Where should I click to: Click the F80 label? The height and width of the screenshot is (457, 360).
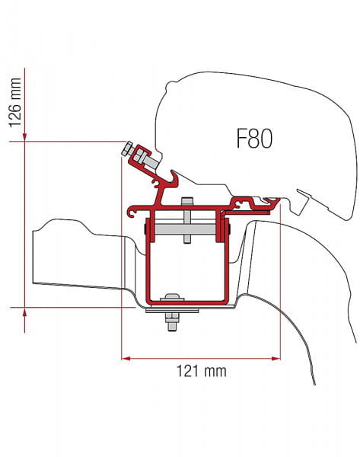[254, 139]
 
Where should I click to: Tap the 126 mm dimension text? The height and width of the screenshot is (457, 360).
[15, 103]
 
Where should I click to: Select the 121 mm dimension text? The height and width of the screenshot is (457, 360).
[201, 372]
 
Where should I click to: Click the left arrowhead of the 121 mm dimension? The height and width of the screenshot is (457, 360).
[126, 358]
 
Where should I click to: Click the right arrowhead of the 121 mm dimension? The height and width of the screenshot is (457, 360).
[276, 358]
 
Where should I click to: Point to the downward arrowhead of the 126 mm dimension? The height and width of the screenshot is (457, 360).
[25, 137]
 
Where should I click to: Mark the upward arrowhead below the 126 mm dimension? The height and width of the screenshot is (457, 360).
[25, 312]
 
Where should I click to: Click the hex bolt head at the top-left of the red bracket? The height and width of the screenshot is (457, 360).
[127, 149]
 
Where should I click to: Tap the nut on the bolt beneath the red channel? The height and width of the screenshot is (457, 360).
[172, 318]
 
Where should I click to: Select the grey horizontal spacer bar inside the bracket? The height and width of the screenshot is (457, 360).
[185, 228]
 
